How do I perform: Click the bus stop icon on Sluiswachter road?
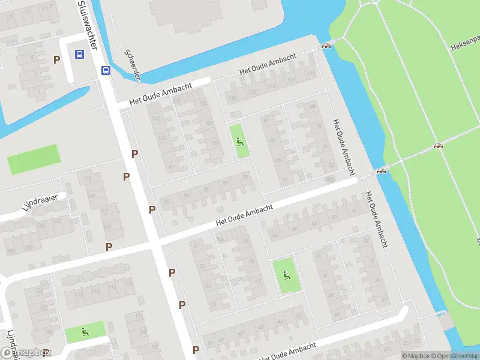coord(106,70)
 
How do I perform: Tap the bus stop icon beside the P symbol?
coord(79,54)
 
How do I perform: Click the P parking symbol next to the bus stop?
coord(57,59)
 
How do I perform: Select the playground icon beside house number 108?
coord(241,142)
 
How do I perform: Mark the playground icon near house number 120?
coord(85,331)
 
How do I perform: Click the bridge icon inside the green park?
coord(439,146)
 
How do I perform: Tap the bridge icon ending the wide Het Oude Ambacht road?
coord(380,171)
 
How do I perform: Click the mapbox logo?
coord(25,353)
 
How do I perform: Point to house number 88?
coord(245,176)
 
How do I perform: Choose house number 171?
coord(88,179)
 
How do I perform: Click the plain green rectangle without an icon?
coord(34,159)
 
